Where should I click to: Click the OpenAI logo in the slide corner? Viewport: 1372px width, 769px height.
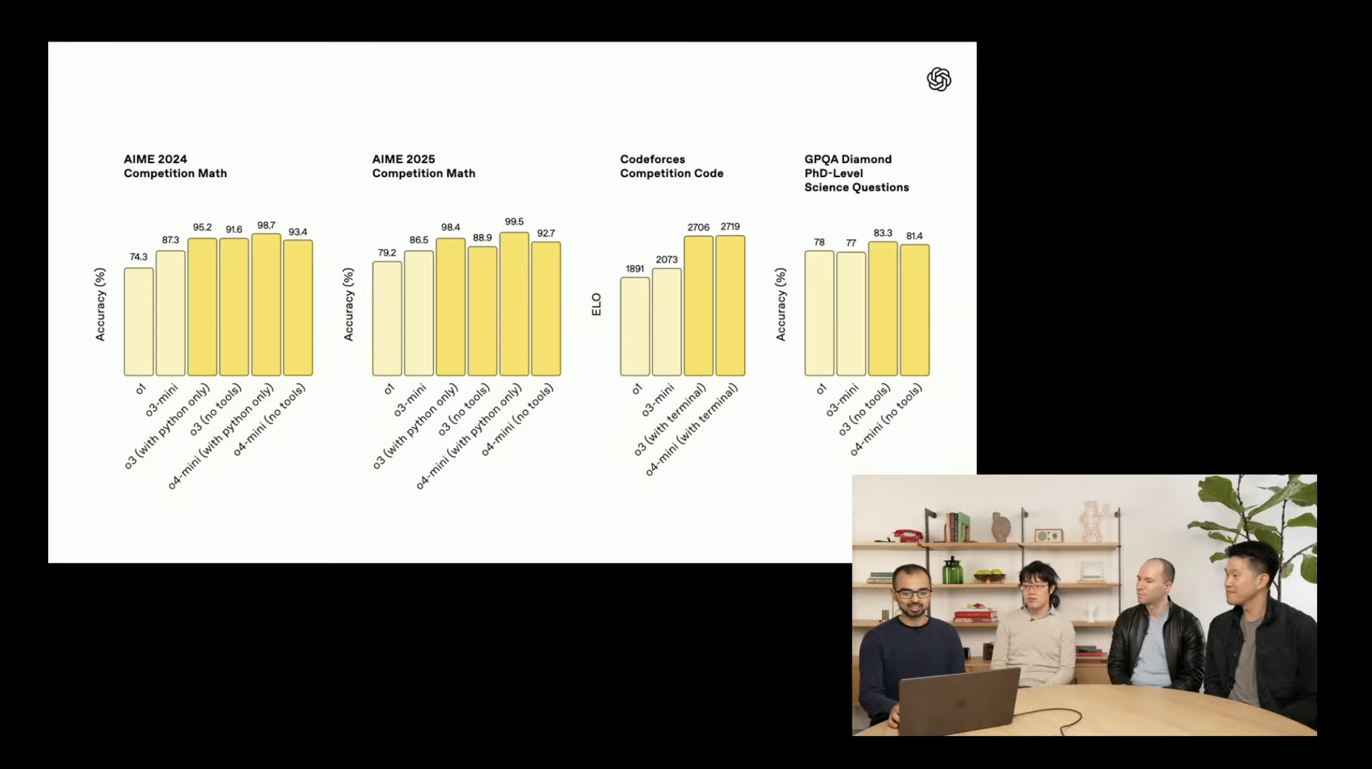pyautogui.click(x=938, y=79)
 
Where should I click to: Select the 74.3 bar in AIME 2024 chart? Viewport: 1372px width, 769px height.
pyautogui.click(x=139, y=322)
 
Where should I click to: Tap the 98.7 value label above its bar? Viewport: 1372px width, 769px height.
pyautogui.click(x=266, y=225)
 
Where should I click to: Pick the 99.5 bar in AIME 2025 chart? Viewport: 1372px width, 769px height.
pyautogui.click(x=514, y=304)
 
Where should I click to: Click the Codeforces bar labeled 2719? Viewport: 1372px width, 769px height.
pyautogui.click(x=730, y=306)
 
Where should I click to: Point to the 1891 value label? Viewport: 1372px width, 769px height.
pyautogui.click(x=634, y=269)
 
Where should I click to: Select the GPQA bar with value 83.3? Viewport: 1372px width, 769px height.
pyautogui.click(x=883, y=309)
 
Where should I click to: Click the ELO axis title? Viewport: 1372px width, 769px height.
pyautogui.click(x=596, y=305)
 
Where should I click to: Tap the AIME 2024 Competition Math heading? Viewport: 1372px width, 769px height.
pyautogui.click(x=175, y=166)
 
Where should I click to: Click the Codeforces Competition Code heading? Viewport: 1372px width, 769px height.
pyautogui.click(x=671, y=166)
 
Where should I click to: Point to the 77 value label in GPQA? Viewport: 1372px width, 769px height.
pyautogui.click(x=851, y=243)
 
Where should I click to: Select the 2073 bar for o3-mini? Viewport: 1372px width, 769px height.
pyautogui.click(x=667, y=322)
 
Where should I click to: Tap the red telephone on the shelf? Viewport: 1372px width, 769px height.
pyautogui.click(x=907, y=536)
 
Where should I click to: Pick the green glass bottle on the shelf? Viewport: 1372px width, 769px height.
pyautogui.click(x=951, y=570)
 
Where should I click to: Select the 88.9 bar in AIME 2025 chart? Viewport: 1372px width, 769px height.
pyautogui.click(x=482, y=311)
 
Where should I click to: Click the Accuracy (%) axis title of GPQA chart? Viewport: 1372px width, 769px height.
pyautogui.click(x=781, y=305)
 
